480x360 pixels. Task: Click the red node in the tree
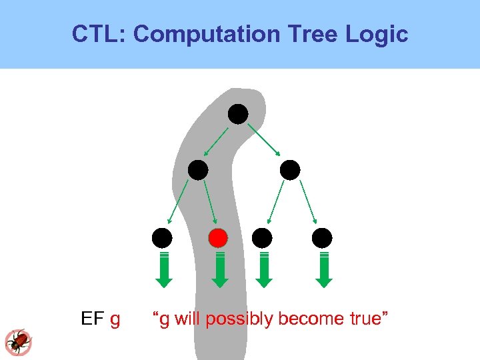click(x=218, y=238)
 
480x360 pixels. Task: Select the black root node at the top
click(x=238, y=115)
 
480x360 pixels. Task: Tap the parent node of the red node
click(x=197, y=171)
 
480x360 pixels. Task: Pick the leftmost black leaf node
click(x=162, y=238)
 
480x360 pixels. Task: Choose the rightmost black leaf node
click(x=322, y=238)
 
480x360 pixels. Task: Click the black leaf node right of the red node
click(x=263, y=238)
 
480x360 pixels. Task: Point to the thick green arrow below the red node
click(x=221, y=271)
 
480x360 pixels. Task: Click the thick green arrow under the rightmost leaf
click(x=324, y=271)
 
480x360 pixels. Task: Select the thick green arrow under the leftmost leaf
click(x=165, y=271)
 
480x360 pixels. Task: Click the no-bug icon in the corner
click(x=18, y=341)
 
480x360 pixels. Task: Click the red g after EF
click(x=115, y=321)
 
